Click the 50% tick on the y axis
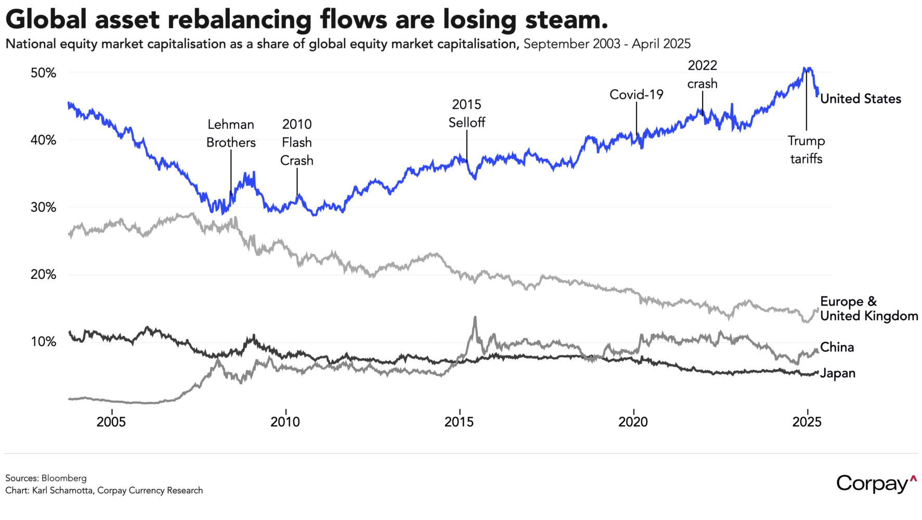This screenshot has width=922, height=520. click(x=43, y=73)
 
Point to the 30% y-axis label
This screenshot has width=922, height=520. click(x=43, y=207)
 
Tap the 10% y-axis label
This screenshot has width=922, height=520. click(x=43, y=342)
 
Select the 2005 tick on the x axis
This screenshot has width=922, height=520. click(x=111, y=422)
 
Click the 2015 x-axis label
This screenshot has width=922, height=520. click(x=459, y=422)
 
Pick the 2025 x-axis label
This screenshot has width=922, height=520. click(x=807, y=422)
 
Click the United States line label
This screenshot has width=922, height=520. click(x=860, y=99)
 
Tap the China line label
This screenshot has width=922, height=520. click(x=837, y=347)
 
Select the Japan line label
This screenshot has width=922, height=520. click(x=837, y=373)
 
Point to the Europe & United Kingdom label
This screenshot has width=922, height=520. click(x=868, y=309)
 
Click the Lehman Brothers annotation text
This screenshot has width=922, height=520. click(x=231, y=134)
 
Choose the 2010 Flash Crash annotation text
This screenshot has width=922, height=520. click(x=297, y=142)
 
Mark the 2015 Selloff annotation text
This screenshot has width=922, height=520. click(x=466, y=113)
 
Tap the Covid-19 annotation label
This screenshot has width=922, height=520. click(x=637, y=95)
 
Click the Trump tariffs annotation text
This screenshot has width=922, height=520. click(x=806, y=150)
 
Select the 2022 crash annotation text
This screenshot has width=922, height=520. click(x=702, y=74)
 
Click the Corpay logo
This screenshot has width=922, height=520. click(x=876, y=484)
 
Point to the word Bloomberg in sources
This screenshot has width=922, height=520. click(x=64, y=478)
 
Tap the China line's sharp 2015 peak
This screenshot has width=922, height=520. click(x=475, y=317)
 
